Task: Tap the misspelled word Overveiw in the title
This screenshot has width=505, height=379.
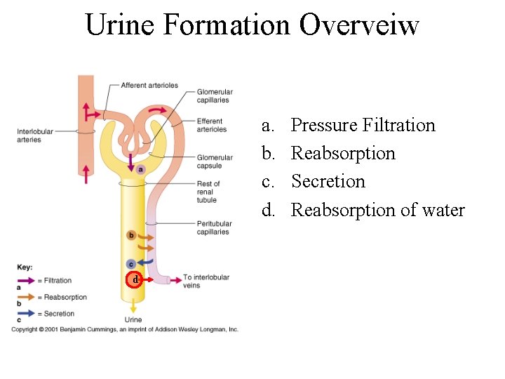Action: pyautogui.click(x=359, y=25)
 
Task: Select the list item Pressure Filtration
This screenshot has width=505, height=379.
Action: pyautogui.click(x=363, y=125)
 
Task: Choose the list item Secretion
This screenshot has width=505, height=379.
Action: pyautogui.click(x=328, y=181)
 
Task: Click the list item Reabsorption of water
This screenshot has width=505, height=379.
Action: pyautogui.click(x=377, y=210)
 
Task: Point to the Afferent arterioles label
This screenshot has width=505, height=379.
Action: pyautogui.click(x=149, y=86)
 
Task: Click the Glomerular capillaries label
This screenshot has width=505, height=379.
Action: pyautogui.click(x=214, y=95)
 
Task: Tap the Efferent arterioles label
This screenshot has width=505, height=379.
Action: pyautogui.click(x=212, y=125)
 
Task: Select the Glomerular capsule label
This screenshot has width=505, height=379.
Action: pyautogui.click(x=215, y=161)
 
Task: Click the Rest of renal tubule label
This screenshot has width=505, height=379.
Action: pyautogui.click(x=209, y=192)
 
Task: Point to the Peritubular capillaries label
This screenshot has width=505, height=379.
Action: pyautogui.click(x=214, y=228)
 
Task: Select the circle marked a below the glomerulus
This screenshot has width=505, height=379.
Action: pyautogui.click(x=141, y=169)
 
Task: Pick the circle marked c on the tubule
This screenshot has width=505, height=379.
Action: pyautogui.click(x=130, y=264)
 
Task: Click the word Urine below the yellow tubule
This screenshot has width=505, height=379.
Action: pyautogui.click(x=133, y=320)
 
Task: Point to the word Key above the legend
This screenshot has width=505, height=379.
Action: pyautogui.click(x=25, y=267)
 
